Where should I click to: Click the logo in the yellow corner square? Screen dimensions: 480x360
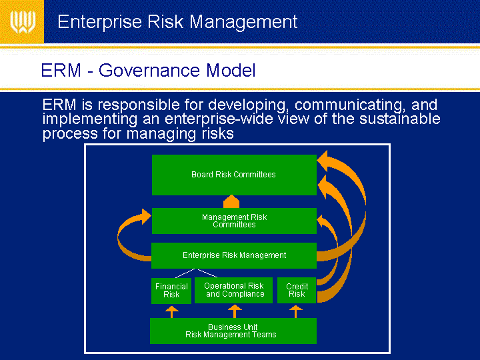[23, 22]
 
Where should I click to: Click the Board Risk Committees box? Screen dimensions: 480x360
[234, 175]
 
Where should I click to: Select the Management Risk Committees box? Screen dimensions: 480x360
[234, 221]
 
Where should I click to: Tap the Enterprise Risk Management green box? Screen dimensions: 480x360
[234, 255]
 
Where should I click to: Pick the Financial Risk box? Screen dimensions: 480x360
[171, 291]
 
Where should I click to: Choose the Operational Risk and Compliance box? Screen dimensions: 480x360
[233, 290]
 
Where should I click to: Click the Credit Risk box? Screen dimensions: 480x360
[297, 290]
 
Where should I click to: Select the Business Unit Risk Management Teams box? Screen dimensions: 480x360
[233, 331]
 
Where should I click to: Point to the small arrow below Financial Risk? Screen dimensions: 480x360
[172, 312]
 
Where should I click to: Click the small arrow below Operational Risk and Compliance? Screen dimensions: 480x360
[235, 311]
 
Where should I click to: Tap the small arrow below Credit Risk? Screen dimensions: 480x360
[296, 311]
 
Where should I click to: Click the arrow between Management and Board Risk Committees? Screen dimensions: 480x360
[231, 201]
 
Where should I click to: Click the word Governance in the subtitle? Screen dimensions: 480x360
[149, 71]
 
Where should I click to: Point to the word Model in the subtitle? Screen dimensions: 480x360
[231, 70]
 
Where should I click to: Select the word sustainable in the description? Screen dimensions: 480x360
[400, 119]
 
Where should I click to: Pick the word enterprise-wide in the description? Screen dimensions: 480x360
[219, 119]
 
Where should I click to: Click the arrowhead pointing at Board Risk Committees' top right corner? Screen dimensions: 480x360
[324, 161]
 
